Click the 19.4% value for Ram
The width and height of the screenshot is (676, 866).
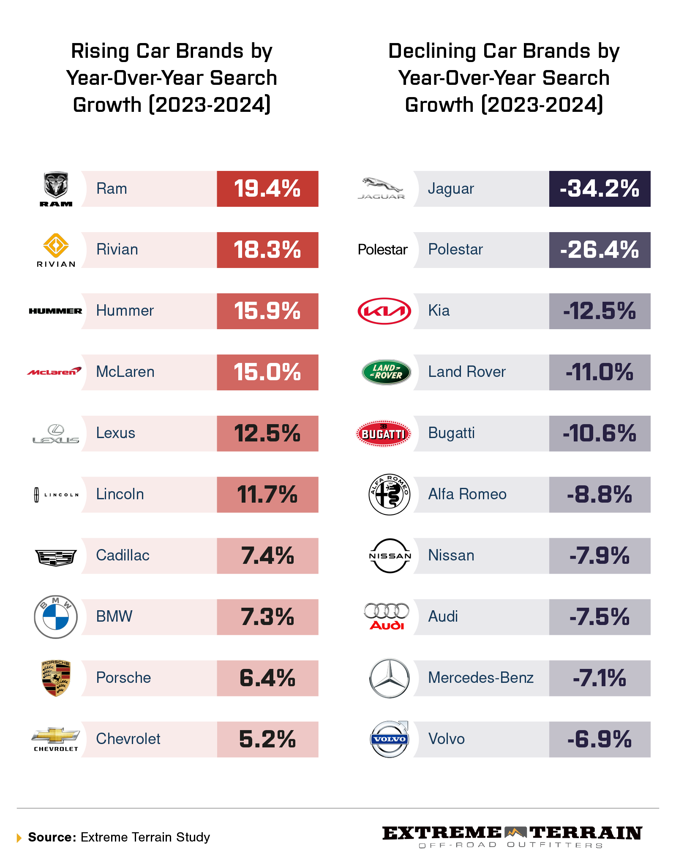tap(267, 189)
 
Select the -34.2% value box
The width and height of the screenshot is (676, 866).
tap(599, 189)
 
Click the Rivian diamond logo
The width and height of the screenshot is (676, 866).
tap(56, 245)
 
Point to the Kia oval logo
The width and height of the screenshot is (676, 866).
tap(384, 311)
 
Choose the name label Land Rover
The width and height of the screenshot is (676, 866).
tap(466, 372)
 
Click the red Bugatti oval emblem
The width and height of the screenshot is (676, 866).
tap(384, 433)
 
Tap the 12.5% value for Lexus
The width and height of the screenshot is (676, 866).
tap(267, 433)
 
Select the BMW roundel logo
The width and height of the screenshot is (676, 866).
tap(56, 617)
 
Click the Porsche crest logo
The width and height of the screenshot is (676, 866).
tap(56, 678)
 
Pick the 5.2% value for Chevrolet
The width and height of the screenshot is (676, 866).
tap(267, 739)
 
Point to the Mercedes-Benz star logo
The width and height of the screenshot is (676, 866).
tap(389, 678)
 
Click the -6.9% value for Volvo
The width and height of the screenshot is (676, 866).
tap(599, 739)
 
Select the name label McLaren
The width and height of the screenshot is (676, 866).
tap(125, 372)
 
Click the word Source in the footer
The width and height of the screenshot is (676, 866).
tap(52, 837)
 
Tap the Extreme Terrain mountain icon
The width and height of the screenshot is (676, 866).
tap(515, 832)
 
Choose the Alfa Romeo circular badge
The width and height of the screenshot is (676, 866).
tap(389, 494)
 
